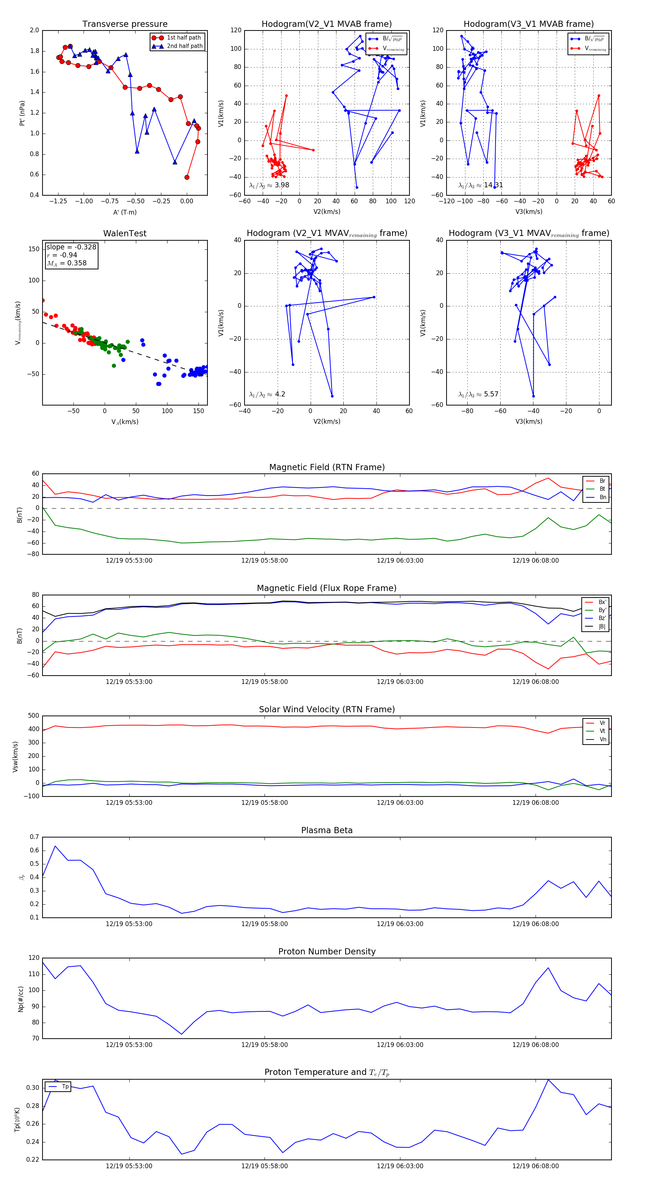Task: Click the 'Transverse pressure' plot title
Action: (x=125, y=24)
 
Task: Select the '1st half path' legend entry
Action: (x=183, y=38)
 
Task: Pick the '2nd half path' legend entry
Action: (x=184, y=46)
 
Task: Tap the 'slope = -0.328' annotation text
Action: (x=71, y=247)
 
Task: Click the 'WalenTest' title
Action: (x=125, y=233)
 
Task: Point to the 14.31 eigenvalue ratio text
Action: (x=493, y=185)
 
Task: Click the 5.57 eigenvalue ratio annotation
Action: (x=490, y=394)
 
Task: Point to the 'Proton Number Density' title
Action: (x=327, y=952)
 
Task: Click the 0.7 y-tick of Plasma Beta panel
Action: (x=35, y=837)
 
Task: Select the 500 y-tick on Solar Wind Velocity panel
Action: (x=33, y=716)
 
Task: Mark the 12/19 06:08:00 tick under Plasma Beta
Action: (x=535, y=924)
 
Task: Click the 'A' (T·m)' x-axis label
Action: (x=125, y=212)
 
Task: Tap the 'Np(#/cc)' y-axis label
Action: (x=20, y=999)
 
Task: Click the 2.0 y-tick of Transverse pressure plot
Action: (x=35, y=30)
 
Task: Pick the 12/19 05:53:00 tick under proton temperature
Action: (x=129, y=1166)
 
